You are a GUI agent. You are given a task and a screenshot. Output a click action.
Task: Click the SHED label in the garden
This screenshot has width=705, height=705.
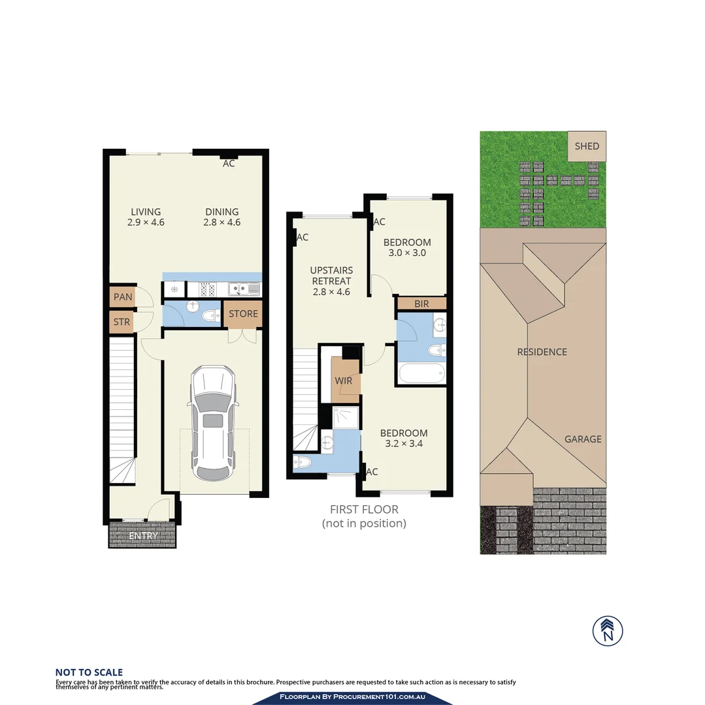pos(586,146)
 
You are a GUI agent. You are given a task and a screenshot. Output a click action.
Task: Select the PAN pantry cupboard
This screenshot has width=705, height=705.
pos(123,297)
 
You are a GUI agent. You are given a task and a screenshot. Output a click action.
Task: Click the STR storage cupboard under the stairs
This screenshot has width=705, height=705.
pos(122,322)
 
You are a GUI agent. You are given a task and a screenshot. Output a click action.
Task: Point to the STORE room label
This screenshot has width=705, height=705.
pos(243,314)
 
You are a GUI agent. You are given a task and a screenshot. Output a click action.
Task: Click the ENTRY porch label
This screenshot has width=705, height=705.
pos(143,536)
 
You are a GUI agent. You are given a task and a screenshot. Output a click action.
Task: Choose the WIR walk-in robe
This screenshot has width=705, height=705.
pos(344,381)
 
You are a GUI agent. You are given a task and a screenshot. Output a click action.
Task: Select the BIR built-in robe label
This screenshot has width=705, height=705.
pos(421,304)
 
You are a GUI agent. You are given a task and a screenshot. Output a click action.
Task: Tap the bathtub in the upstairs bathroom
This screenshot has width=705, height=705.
pos(422,374)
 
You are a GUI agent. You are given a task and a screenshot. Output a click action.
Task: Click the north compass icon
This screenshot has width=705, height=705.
pos(608,631)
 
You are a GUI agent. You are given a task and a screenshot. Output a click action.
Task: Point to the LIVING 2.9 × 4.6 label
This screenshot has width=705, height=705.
pos(146,217)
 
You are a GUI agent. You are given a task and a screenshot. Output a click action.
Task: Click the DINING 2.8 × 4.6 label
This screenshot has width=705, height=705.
pos(222,217)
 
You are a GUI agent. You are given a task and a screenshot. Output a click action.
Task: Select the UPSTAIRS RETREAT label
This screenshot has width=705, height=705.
pos(331,281)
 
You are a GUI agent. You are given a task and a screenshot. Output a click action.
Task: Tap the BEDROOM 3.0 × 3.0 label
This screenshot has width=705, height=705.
pos(407,247)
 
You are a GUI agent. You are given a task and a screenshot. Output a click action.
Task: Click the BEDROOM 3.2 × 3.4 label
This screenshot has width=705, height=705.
pos(404,438)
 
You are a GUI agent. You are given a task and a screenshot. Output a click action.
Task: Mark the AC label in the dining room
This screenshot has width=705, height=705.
pos(229,164)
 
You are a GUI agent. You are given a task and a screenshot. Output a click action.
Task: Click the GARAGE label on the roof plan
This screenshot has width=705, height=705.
pos(583,439)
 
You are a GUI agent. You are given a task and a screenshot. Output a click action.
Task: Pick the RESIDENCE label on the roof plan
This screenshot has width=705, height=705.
pos(542,352)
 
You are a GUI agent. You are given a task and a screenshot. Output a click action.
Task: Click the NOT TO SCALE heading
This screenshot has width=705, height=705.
pos(89,672)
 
